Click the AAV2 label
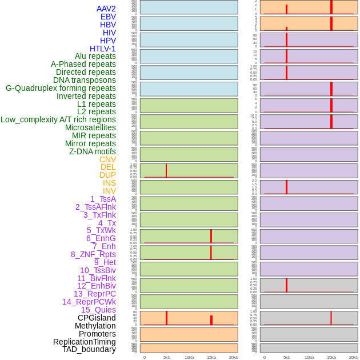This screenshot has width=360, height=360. pos(106,9)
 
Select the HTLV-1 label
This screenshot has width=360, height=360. pos(103,49)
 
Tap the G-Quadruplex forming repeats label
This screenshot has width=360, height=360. pos(61,88)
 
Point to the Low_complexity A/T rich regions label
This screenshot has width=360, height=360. pos(58,119)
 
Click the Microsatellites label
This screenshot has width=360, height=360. pos(90,127)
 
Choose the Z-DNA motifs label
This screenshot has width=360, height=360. pos(93,151)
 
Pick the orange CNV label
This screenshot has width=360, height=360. pos(107,159)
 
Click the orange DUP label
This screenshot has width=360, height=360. pos(107,175)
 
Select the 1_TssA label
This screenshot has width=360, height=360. pos(103,199)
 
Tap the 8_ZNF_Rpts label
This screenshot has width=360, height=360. pos(93,254)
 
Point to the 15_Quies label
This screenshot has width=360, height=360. pos(98,310)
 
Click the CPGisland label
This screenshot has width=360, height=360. pos(97,318)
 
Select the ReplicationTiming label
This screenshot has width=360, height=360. pos(85,342)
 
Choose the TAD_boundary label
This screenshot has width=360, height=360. pos(89,349)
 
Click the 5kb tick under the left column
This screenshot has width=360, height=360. pos(167,357)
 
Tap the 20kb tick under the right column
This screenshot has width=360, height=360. pos(354,357)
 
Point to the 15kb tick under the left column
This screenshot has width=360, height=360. pos(211,357)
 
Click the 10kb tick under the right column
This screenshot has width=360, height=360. pos(309,357)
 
